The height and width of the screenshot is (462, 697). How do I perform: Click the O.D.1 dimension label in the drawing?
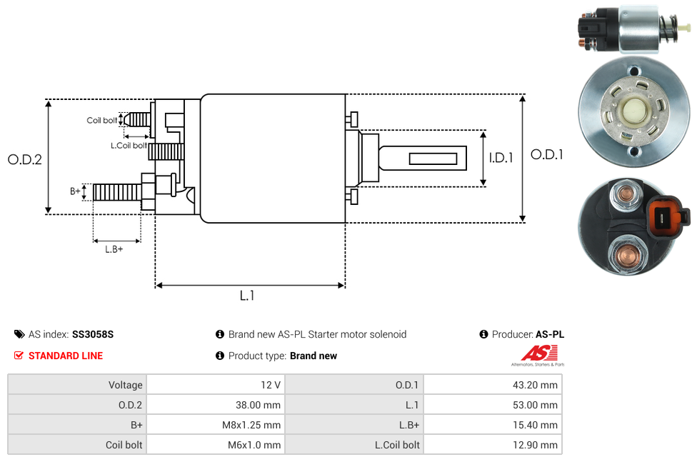[546, 154]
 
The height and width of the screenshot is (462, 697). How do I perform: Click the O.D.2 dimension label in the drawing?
[25, 160]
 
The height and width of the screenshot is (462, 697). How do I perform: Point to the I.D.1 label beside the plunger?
[501, 158]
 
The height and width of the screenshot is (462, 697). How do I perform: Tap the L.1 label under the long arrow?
[247, 295]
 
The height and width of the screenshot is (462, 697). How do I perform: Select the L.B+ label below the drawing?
[114, 249]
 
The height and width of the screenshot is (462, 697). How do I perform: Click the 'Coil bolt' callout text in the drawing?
[102, 120]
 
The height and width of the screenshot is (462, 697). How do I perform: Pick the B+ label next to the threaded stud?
[75, 191]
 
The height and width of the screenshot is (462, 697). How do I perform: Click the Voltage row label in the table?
[126, 385]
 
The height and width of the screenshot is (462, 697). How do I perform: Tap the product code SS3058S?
[93, 334]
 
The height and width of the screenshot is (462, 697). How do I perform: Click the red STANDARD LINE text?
[66, 356]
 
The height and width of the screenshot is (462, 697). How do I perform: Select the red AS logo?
[537, 353]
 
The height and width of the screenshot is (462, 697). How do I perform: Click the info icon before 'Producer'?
[484, 334]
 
